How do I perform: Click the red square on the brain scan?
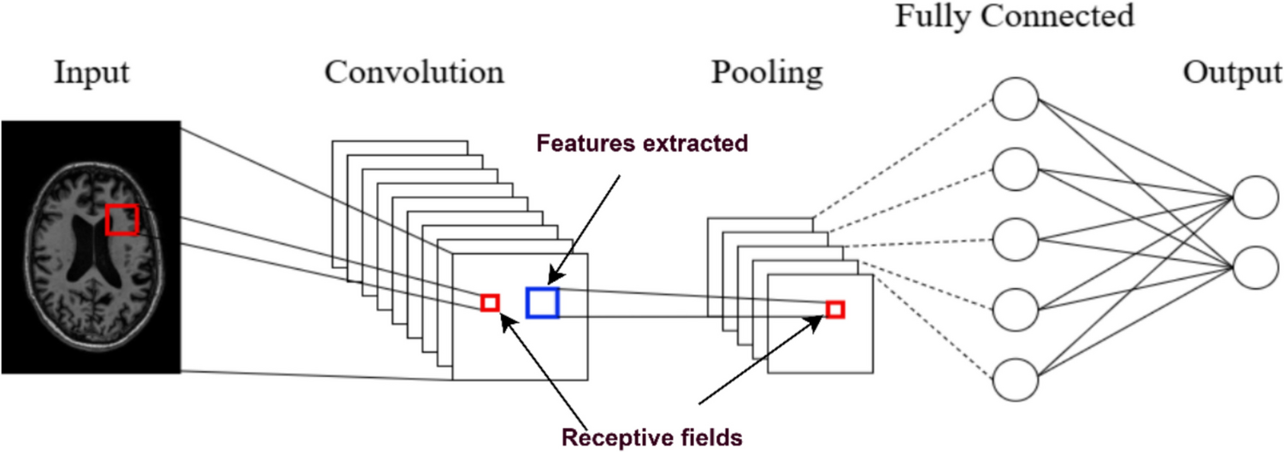[x=121, y=219]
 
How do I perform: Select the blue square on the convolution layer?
[x=542, y=303]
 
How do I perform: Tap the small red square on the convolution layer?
[x=490, y=302]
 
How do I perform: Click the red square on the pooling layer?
[x=835, y=309]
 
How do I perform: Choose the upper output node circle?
[x=1255, y=197]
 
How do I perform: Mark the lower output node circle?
[x=1255, y=268]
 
